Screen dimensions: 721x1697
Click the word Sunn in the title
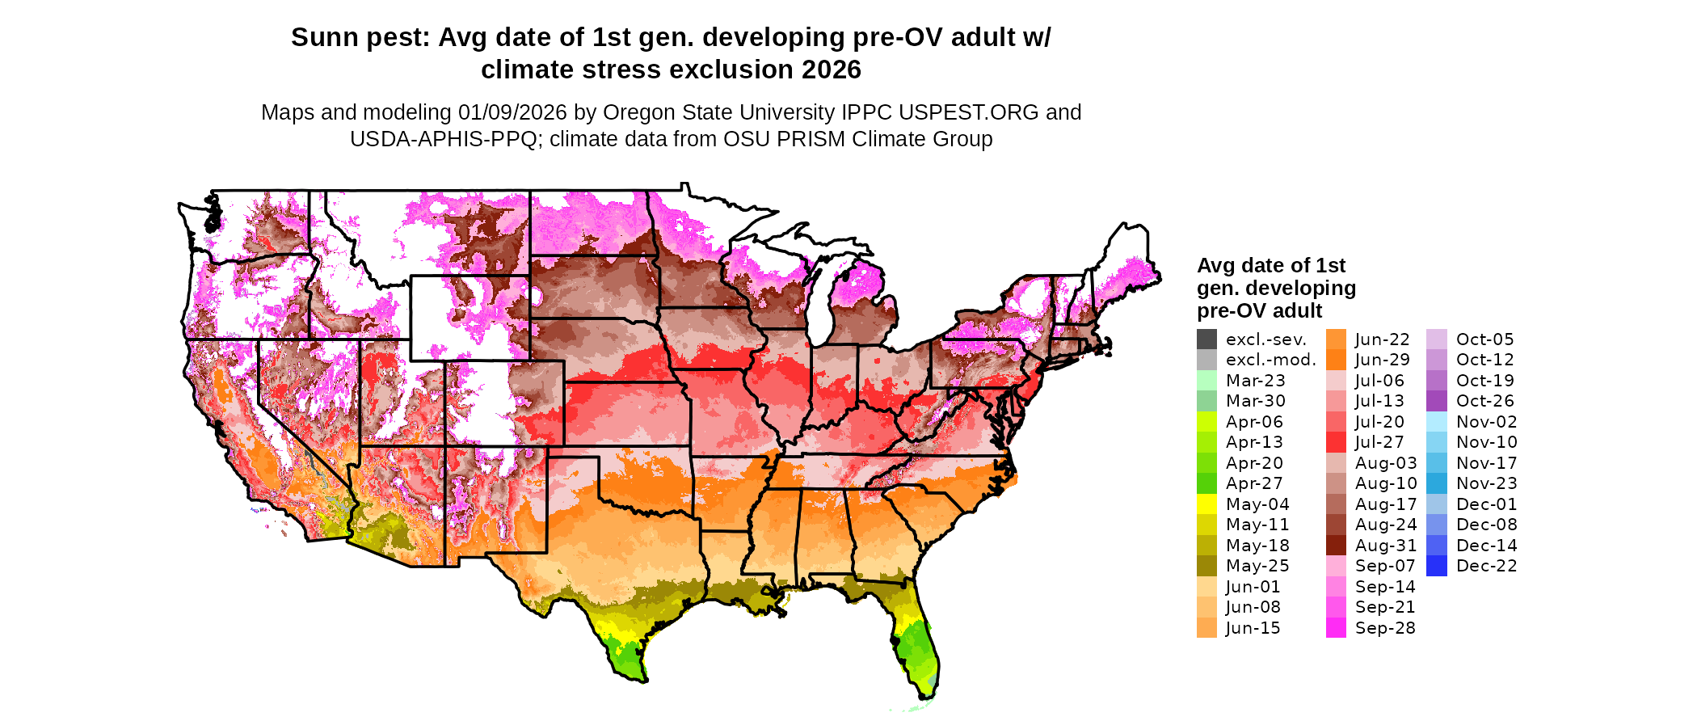324,38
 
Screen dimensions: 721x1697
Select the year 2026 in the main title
832,70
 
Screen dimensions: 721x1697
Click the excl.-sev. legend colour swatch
1206,339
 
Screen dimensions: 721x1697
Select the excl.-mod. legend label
1270,360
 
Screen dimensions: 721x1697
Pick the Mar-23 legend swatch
1206,381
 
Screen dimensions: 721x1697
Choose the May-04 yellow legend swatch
1206,504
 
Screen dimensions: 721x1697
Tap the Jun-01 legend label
1253,587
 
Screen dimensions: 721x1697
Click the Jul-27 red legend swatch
1336,442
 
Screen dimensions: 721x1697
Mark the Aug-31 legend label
1386,546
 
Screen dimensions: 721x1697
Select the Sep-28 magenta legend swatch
1336,628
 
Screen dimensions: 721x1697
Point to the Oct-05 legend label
1484,339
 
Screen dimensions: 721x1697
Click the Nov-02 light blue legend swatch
1437,422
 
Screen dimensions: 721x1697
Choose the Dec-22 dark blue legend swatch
1437,566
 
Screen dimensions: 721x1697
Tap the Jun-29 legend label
1382,360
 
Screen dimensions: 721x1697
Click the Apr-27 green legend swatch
1206,483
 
